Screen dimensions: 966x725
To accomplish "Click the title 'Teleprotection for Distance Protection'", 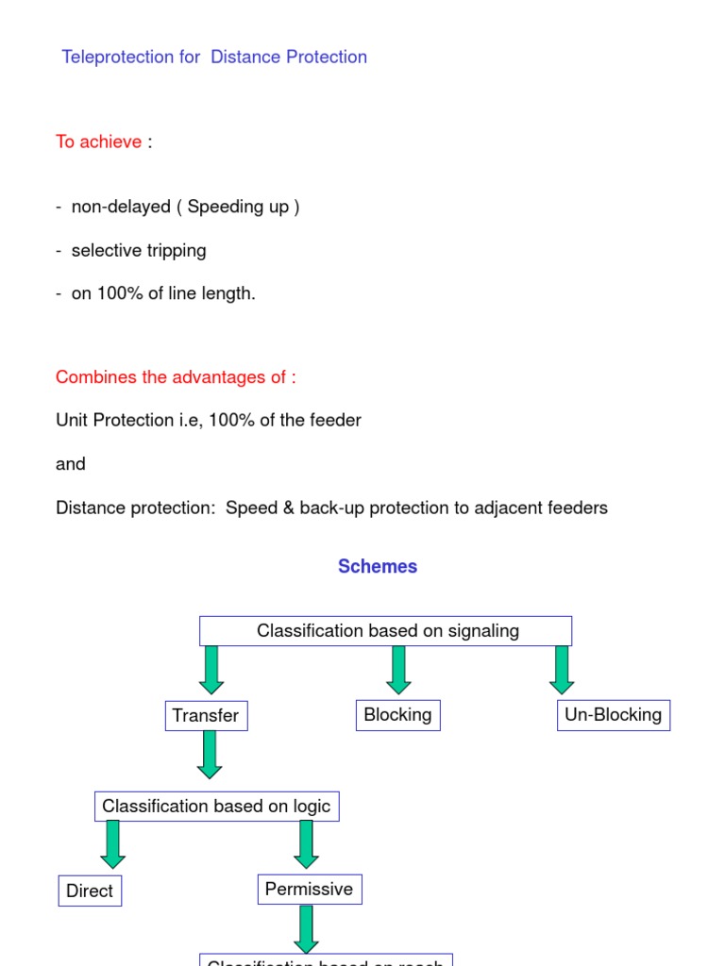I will [x=214, y=58].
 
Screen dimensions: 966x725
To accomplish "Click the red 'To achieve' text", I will [x=98, y=142].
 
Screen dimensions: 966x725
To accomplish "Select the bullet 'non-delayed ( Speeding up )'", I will [x=185, y=207].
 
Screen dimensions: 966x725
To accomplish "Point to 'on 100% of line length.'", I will [x=163, y=293].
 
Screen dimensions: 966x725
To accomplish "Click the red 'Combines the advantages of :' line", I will [x=176, y=377].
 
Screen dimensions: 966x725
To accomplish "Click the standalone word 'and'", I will [x=71, y=464].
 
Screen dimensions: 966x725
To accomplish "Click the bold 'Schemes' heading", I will [x=378, y=567].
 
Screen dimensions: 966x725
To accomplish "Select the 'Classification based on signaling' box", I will [x=386, y=631].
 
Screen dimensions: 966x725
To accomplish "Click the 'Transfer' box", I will [x=206, y=716].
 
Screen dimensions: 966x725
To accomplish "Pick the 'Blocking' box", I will [x=397, y=715].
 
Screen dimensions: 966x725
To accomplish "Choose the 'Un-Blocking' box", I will [x=613, y=715].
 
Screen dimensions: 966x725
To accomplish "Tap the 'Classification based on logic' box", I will [x=216, y=807].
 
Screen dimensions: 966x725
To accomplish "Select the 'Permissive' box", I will [x=309, y=890].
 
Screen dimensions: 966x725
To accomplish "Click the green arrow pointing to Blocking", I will [x=398, y=670].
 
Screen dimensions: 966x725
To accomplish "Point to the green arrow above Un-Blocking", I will [x=562, y=670].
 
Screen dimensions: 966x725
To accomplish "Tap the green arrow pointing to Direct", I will [x=113, y=844].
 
